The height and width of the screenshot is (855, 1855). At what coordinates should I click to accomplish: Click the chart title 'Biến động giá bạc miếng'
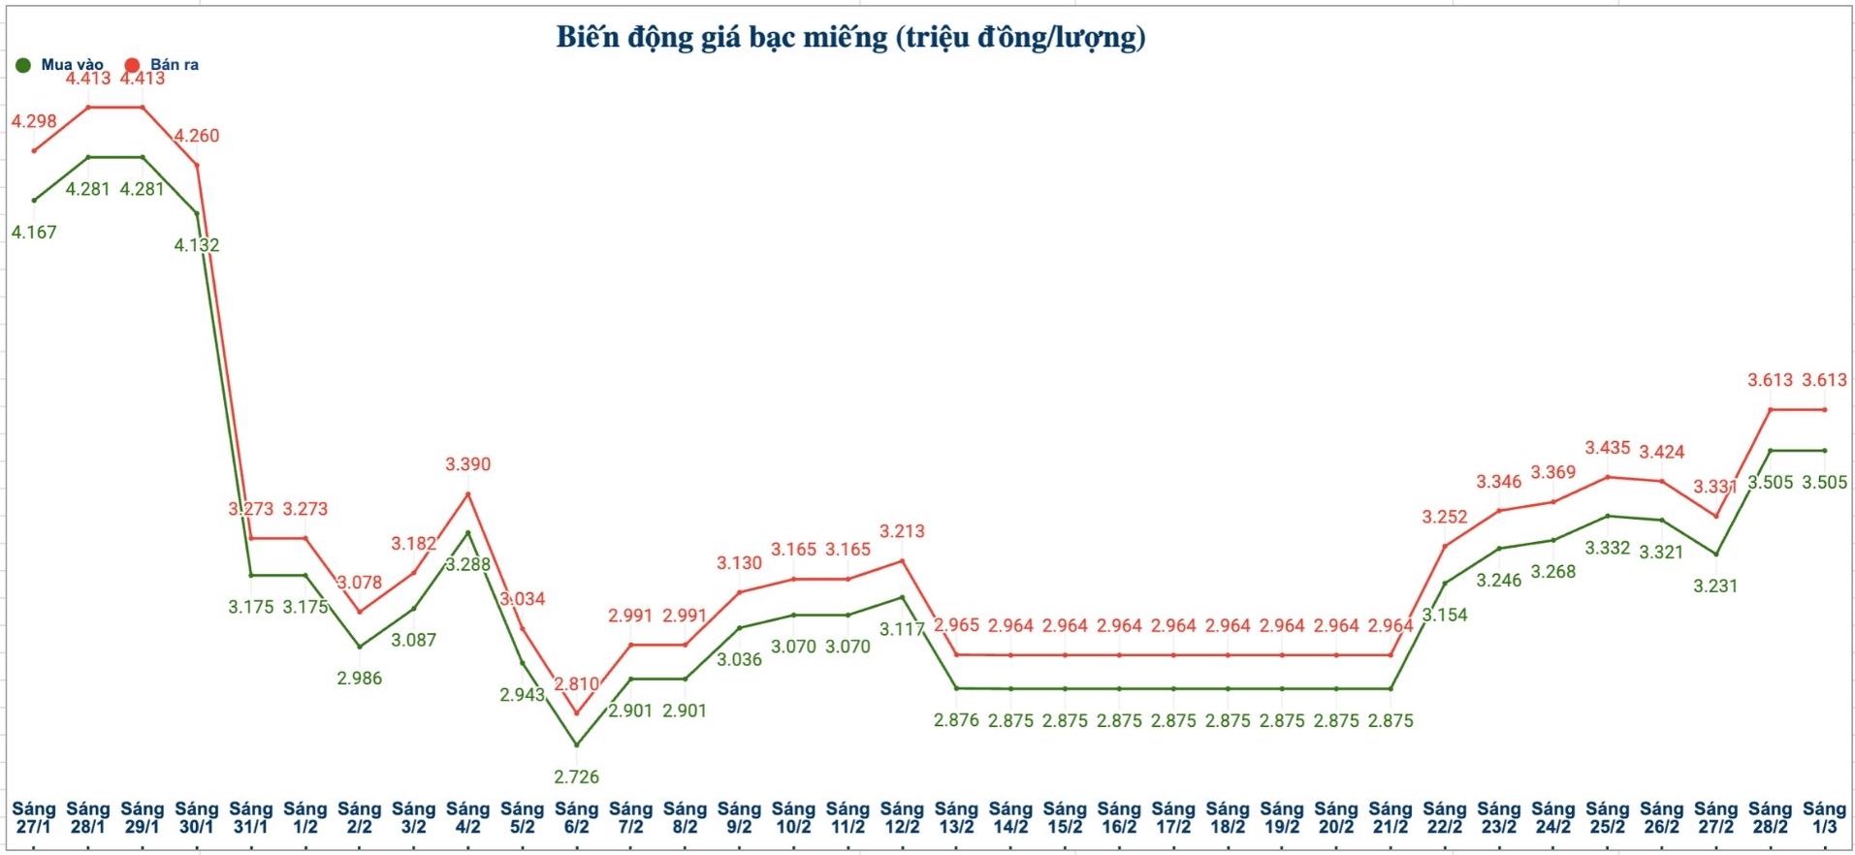(x=849, y=38)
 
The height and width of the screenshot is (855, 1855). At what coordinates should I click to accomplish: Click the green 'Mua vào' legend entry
(x=60, y=65)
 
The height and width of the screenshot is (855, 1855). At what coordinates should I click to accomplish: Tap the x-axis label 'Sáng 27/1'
(x=34, y=817)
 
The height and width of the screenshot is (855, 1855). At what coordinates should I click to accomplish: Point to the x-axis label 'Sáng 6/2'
(x=576, y=817)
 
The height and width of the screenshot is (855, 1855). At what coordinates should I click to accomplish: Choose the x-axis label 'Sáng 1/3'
(x=1824, y=817)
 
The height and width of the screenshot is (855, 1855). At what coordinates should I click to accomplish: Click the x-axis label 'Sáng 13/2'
(x=956, y=817)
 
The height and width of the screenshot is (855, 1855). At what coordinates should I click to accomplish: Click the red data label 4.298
(x=34, y=121)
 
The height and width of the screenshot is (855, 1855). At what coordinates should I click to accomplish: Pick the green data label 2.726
(x=576, y=776)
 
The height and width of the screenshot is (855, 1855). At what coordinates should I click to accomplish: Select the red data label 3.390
(x=467, y=464)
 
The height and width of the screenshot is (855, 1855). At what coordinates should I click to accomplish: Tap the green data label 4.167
(x=34, y=232)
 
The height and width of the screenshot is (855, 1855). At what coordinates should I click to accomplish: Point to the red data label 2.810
(x=576, y=683)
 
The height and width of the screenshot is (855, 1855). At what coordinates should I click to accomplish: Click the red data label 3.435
(x=1607, y=448)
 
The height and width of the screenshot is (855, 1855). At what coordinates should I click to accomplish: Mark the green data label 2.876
(x=956, y=720)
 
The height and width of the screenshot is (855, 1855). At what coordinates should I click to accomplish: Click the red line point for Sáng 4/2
(x=468, y=494)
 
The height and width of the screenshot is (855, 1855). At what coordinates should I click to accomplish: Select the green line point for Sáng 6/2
(x=577, y=745)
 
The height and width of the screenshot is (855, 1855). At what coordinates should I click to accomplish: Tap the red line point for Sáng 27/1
(x=34, y=150)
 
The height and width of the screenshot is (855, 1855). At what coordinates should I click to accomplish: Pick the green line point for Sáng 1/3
(x=1825, y=450)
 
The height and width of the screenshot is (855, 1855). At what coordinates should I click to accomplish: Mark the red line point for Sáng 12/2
(x=902, y=560)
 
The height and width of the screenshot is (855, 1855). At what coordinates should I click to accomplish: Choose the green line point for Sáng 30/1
(x=197, y=213)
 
